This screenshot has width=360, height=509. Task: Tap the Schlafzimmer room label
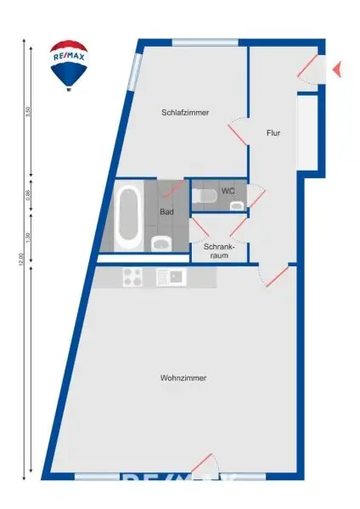[185, 113]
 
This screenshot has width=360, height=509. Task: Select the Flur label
[273, 133]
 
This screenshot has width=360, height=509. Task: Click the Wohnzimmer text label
[183, 378]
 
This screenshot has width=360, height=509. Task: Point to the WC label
[228, 192]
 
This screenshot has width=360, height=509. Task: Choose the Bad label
[166, 213]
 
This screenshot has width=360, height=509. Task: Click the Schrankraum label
[218, 250]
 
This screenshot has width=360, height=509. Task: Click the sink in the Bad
[160, 244]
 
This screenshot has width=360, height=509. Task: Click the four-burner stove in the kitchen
[132, 277]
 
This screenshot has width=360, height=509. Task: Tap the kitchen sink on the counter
[170, 277]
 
